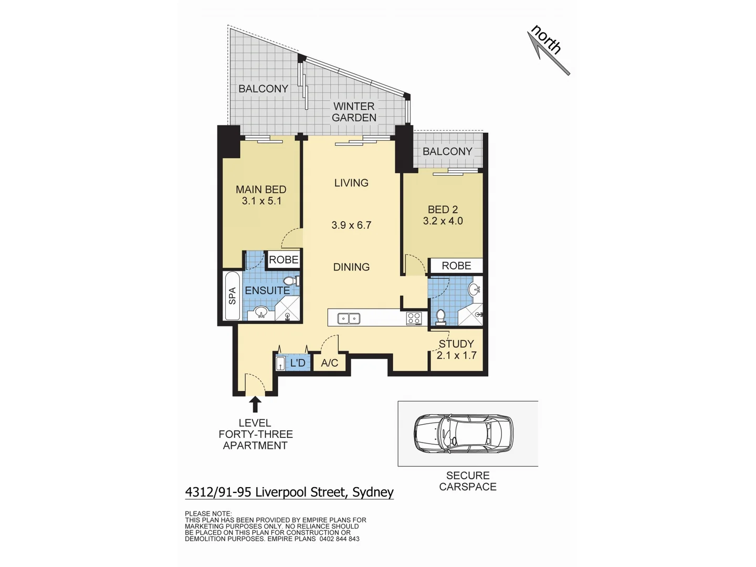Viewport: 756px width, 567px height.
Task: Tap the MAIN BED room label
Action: tap(261, 190)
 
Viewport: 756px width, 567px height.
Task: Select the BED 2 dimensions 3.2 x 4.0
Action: tap(443, 221)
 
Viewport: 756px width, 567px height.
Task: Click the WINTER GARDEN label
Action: tap(354, 112)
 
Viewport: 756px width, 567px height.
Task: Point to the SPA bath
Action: tap(232, 296)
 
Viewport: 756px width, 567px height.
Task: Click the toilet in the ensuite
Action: tap(290, 281)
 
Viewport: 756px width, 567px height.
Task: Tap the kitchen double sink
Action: tap(349, 318)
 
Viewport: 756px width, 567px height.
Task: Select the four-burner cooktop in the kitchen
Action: tap(414, 318)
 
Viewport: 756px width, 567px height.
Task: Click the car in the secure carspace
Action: tap(464, 434)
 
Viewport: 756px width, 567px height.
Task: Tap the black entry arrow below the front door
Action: tap(255, 404)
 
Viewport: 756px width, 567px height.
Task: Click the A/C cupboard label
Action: tap(330, 363)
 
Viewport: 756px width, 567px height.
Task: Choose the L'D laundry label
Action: tap(298, 363)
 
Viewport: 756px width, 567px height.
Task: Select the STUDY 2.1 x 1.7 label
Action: tap(456, 350)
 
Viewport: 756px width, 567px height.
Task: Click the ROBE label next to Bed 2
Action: tap(456, 266)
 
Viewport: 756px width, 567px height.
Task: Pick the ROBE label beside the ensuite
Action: tap(283, 259)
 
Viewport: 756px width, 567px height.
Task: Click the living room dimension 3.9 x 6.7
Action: tap(351, 225)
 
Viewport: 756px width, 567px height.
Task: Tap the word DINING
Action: tap(351, 267)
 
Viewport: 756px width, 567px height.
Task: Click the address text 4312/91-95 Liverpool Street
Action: tap(289, 492)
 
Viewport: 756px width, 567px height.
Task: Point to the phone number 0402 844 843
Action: tap(339, 539)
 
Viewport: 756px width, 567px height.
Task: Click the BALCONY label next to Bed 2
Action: tap(447, 151)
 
